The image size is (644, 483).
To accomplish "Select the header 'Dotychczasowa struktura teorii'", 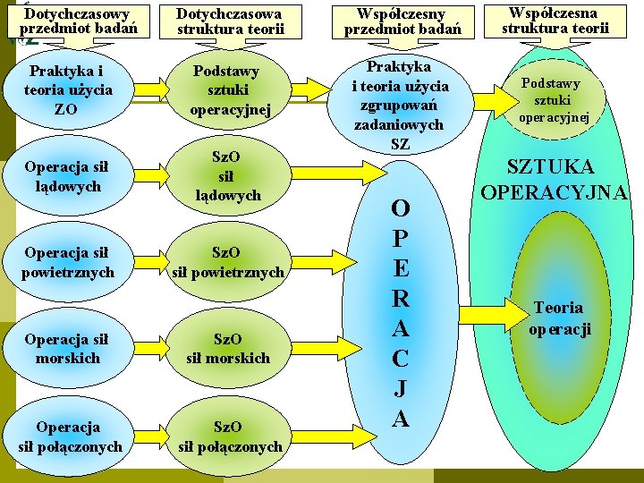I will click(x=230, y=21).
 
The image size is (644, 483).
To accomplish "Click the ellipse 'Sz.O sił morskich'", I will click(x=229, y=348).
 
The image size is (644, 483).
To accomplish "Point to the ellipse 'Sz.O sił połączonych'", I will click(x=231, y=436).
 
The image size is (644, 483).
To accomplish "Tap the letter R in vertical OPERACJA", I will click(x=401, y=299).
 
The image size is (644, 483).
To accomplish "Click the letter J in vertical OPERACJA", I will click(x=401, y=389).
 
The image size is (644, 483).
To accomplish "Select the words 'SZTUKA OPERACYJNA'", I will click(x=555, y=179).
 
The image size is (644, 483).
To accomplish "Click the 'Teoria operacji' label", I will click(x=560, y=318).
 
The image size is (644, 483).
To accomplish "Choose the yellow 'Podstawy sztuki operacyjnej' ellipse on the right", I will click(x=555, y=100).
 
